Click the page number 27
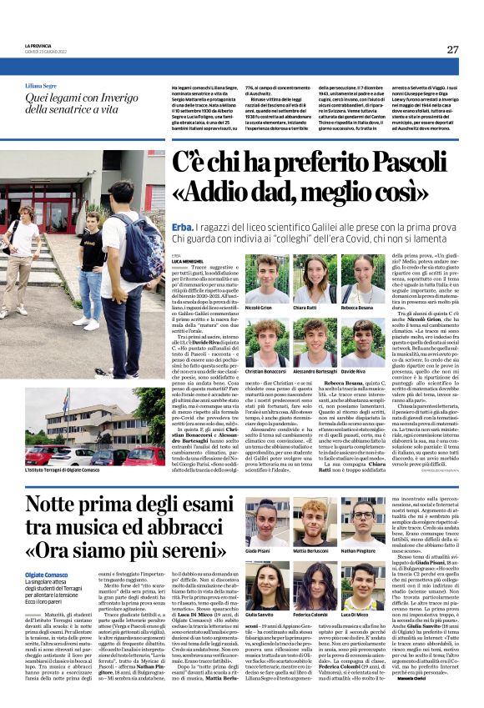click(x=452, y=49)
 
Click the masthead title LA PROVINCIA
click(x=38, y=46)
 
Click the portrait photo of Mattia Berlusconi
click(x=314, y=521)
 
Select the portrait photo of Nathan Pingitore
click(x=364, y=521)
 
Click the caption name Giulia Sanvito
click(x=264, y=615)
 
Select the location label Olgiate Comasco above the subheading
click(x=48, y=576)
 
